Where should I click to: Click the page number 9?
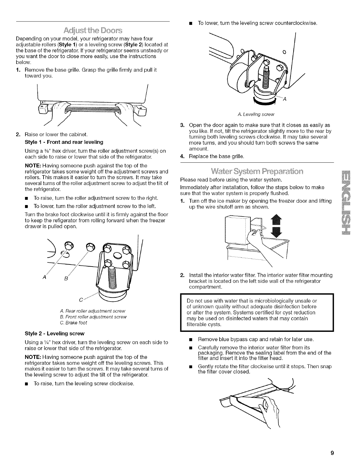[331, 453]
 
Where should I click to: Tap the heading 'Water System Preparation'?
[257, 171]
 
